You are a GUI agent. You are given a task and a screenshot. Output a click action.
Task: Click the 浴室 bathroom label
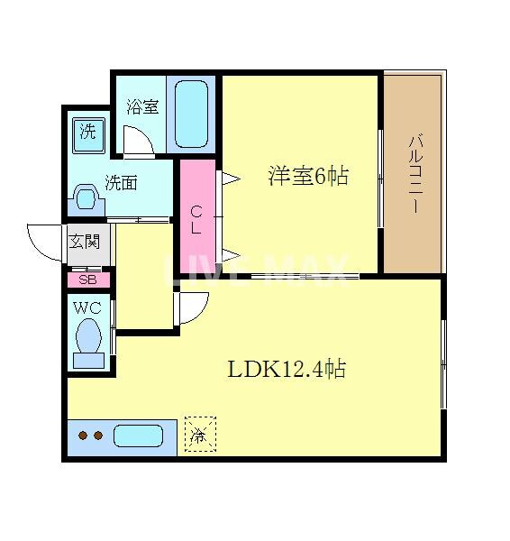[x=142, y=107]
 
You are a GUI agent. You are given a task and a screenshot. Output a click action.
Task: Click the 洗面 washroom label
[x=121, y=182]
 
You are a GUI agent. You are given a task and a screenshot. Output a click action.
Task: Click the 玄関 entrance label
[x=87, y=242]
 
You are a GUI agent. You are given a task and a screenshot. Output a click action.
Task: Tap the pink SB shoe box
[x=87, y=279]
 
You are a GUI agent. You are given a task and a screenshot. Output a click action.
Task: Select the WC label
[x=87, y=307]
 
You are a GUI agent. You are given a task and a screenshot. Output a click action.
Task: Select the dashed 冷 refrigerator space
[x=200, y=435]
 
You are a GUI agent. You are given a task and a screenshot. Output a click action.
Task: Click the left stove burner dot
[x=82, y=436]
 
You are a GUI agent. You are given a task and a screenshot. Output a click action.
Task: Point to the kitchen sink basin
[x=138, y=436]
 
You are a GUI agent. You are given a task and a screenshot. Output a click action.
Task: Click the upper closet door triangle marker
[x=229, y=179]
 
